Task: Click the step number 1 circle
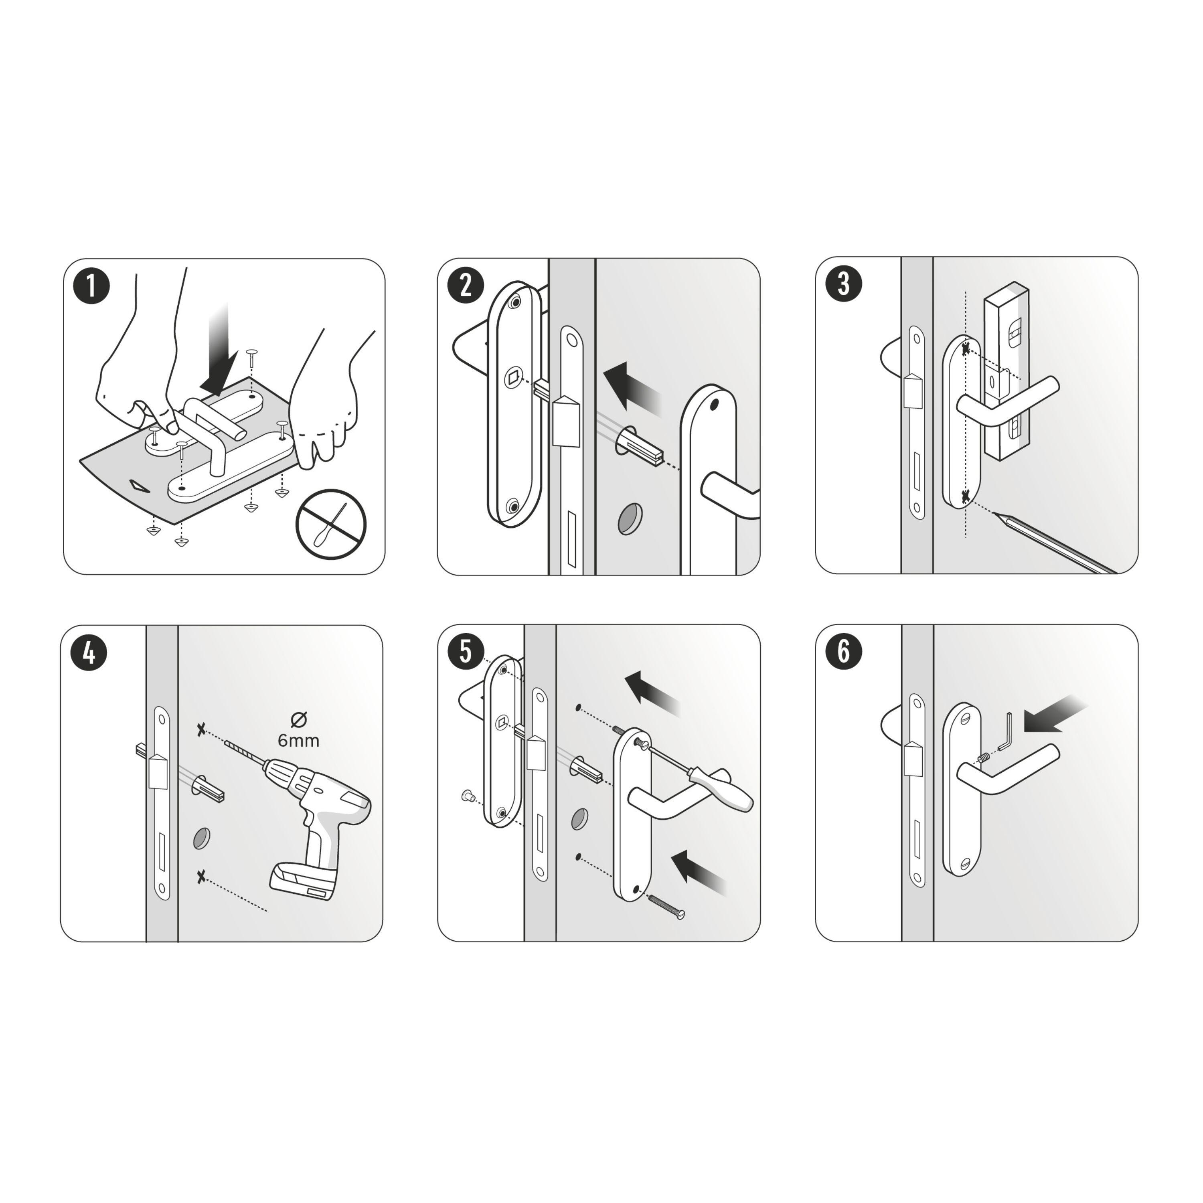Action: pos(91,286)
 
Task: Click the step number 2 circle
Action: pos(466,286)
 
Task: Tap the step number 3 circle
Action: pos(844,284)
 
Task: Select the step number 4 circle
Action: pos(89,653)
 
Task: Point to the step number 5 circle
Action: pos(466,651)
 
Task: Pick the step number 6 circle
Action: pos(844,651)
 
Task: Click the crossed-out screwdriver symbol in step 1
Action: pos(331,524)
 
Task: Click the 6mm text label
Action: pos(298,740)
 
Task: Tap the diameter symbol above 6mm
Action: pos(299,720)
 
